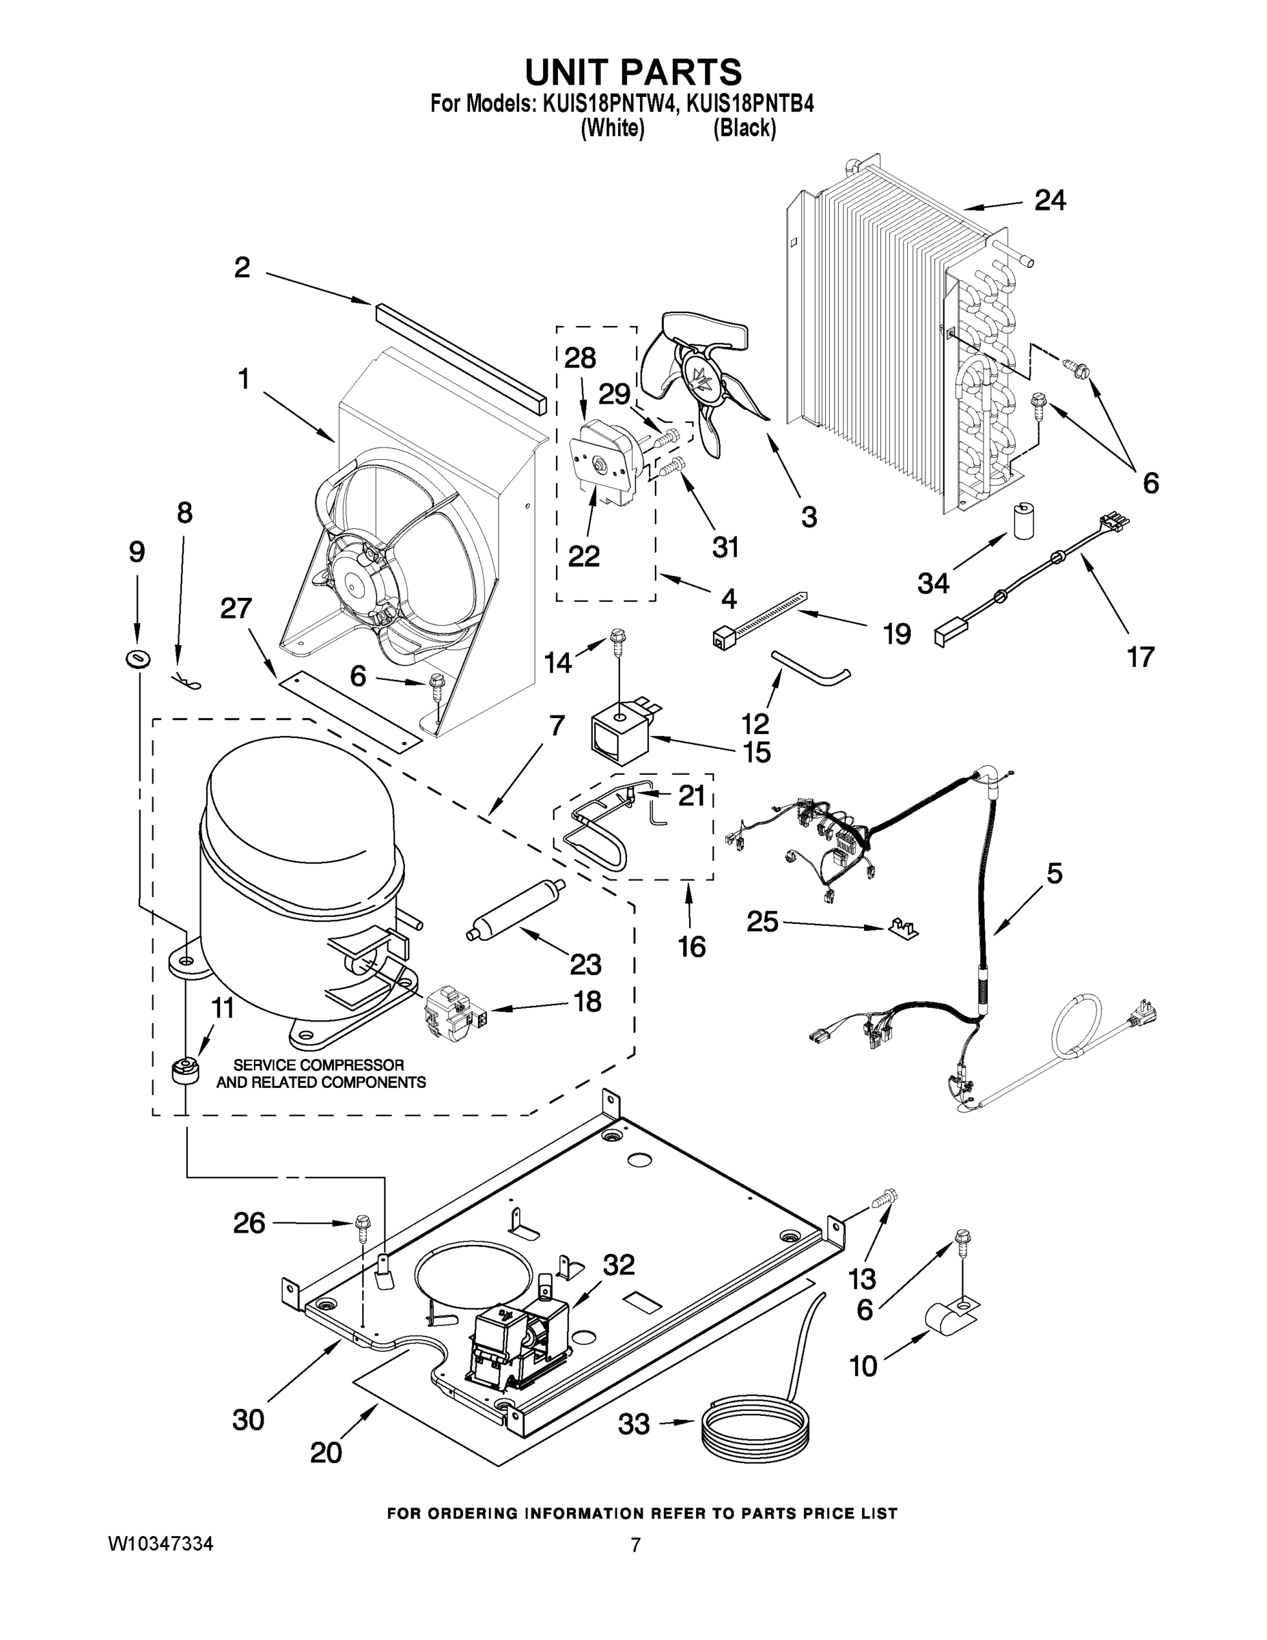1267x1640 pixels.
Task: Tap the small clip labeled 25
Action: coord(902,929)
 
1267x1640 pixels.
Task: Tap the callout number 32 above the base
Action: coord(619,1265)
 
